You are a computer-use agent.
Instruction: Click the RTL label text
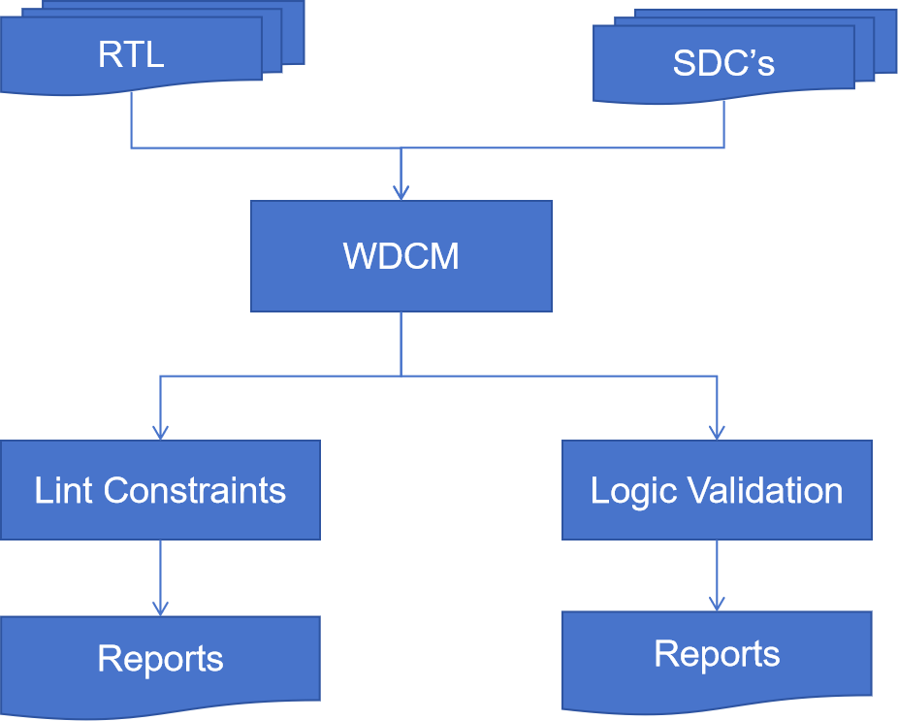point(131,54)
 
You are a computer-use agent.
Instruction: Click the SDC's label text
point(723,63)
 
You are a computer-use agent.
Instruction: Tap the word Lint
point(65,490)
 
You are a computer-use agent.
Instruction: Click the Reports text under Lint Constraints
point(160,659)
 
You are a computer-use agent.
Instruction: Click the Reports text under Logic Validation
point(717,654)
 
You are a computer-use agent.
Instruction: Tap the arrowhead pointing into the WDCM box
point(401,193)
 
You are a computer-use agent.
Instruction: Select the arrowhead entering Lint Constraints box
point(160,433)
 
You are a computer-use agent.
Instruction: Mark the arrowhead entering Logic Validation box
point(717,433)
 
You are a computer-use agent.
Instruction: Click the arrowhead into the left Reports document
point(160,608)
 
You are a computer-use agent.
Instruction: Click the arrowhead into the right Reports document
point(717,604)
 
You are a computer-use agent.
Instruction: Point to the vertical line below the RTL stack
point(131,121)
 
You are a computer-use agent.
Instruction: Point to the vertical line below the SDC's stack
point(723,125)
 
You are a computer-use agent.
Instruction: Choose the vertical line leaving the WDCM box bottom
point(401,343)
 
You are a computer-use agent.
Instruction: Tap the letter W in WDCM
point(361,256)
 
